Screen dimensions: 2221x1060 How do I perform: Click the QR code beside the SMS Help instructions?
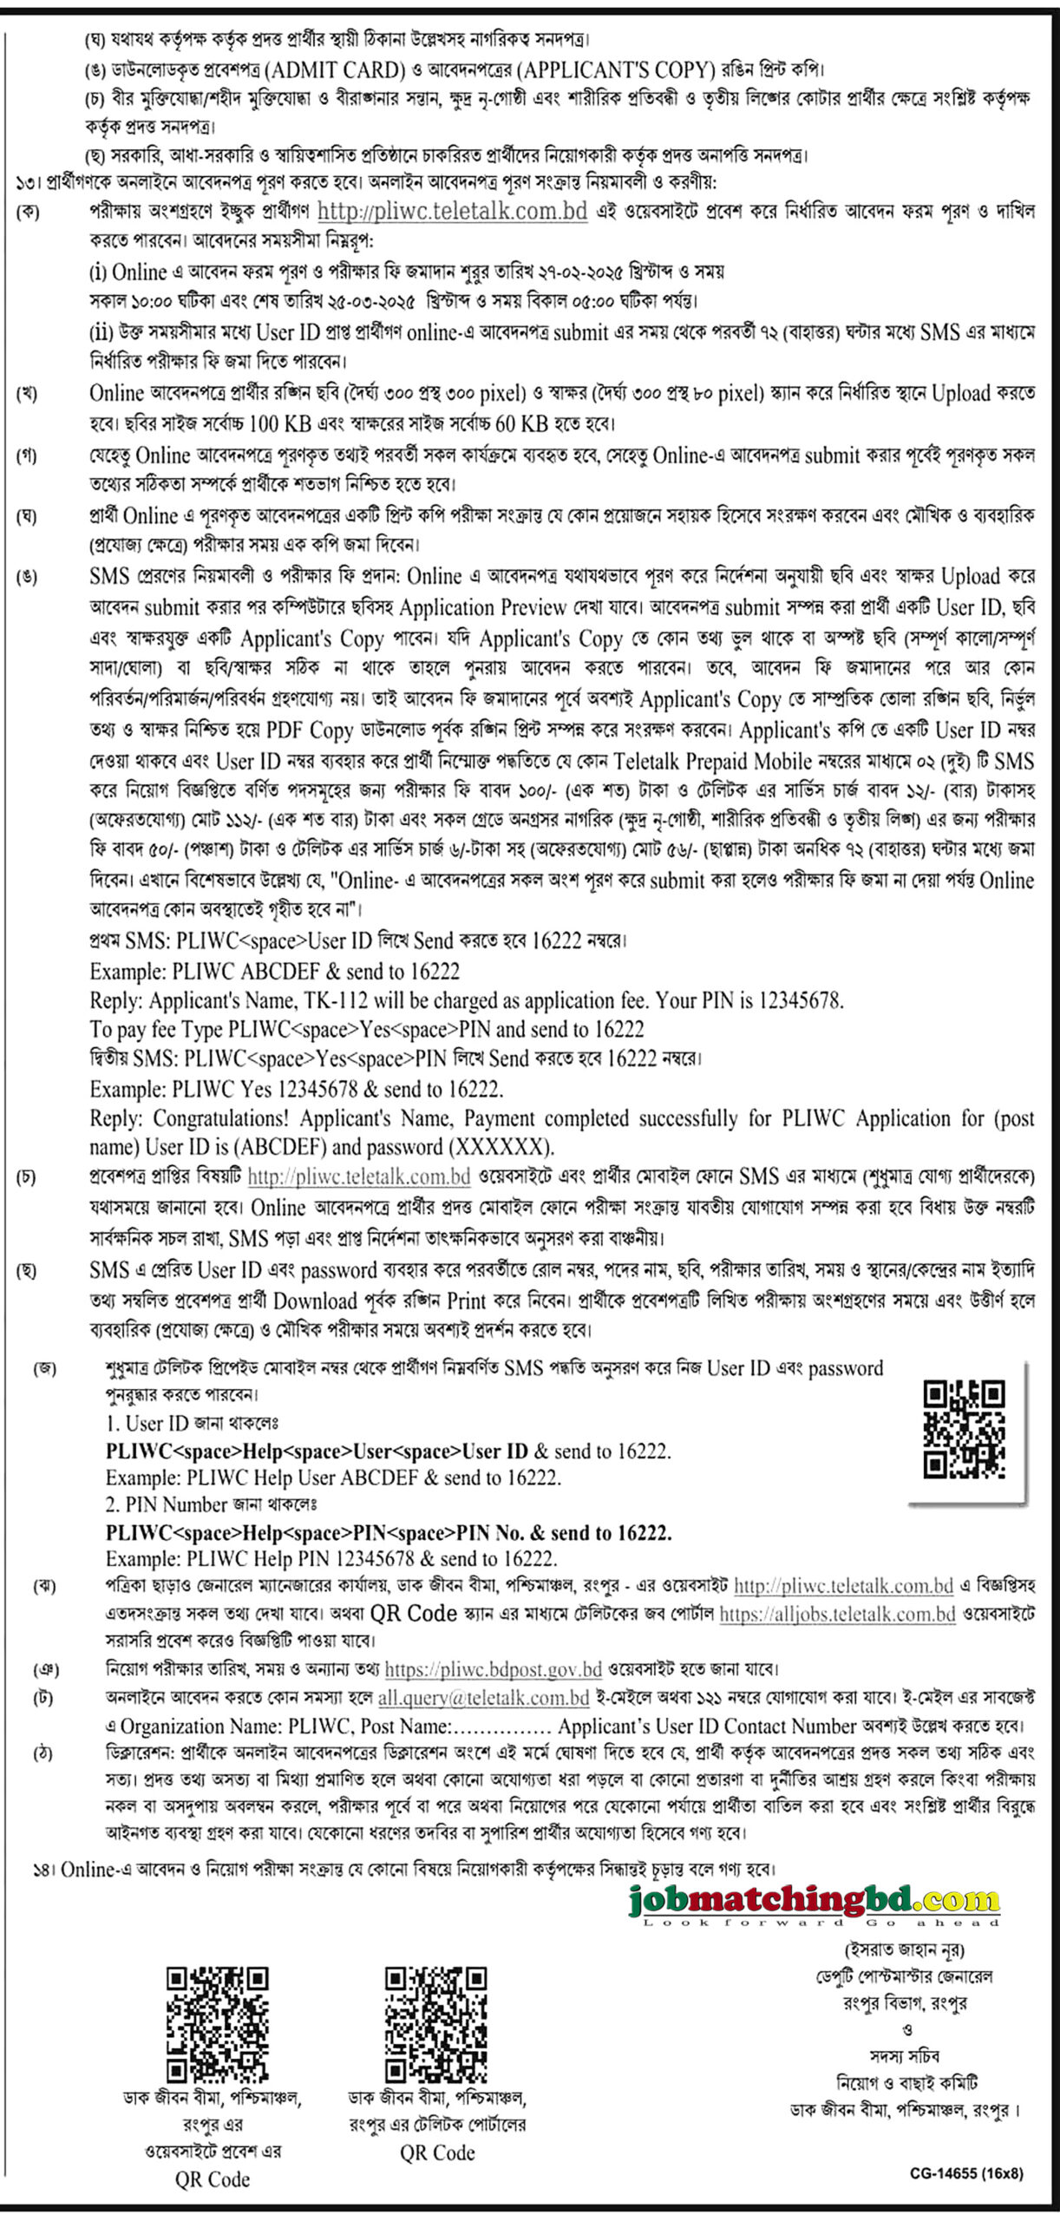963,1429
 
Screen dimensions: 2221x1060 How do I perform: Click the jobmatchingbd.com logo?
814,1902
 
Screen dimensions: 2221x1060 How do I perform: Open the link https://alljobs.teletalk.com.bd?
837,1614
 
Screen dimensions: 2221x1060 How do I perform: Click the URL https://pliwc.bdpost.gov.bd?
493,1668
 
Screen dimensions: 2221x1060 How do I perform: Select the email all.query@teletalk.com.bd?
483,1697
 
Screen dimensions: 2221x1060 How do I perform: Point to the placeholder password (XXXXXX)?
501,1147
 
